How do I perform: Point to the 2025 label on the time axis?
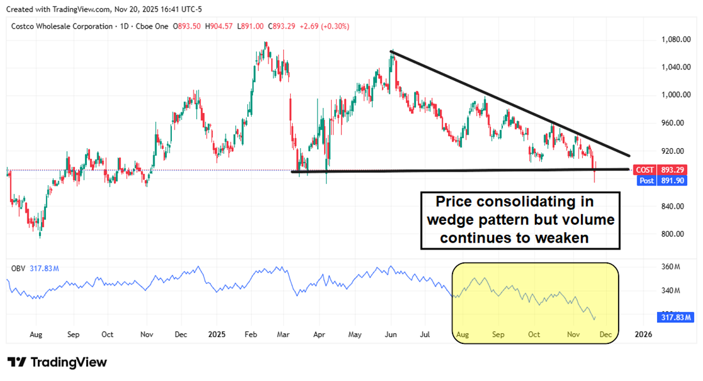[217, 334]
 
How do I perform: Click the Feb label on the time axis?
[252, 334]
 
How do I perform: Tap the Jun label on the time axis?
[390, 334]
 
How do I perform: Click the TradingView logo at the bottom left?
[57, 362]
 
